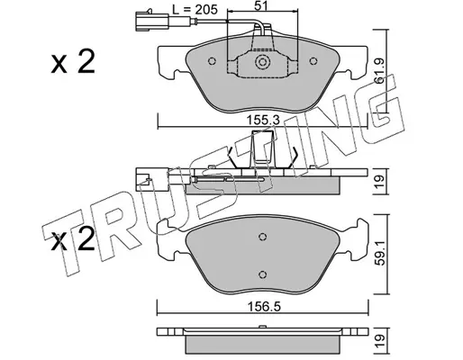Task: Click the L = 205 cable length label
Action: tap(195, 10)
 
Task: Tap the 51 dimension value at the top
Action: tap(261, 5)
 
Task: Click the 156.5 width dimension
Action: tap(264, 307)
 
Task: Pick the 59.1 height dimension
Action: tap(380, 256)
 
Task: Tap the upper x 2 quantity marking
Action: tap(73, 62)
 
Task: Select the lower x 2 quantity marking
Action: tap(73, 241)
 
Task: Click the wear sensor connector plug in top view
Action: tap(150, 21)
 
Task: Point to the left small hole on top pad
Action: tap(212, 61)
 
